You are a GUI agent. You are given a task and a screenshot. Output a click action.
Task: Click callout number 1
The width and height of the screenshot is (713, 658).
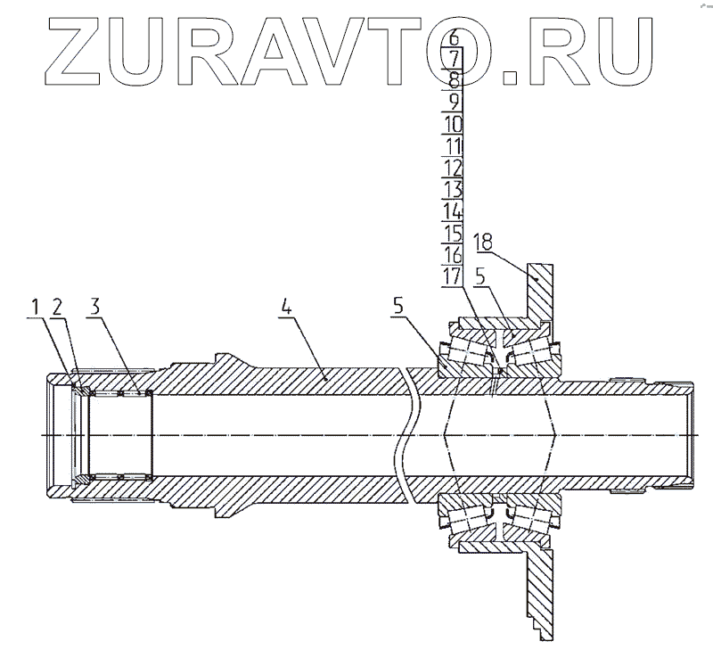(36, 308)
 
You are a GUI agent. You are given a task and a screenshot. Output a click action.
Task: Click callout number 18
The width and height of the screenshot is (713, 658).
(483, 243)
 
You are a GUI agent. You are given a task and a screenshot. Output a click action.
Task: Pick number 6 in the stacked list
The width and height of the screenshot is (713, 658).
(453, 38)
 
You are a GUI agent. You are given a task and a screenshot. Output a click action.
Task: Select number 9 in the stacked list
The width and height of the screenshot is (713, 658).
(453, 60)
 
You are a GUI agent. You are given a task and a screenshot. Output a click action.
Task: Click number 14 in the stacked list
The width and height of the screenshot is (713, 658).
(453, 102)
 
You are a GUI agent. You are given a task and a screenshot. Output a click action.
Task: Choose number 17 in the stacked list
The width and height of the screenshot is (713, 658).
(453, 124)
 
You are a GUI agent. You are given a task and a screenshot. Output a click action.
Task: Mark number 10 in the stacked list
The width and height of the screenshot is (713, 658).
(453, 145)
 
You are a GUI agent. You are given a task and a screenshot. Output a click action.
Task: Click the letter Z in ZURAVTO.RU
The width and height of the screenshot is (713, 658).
(453, 168)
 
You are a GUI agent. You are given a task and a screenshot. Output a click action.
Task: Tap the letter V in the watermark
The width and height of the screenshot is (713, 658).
(453, 189)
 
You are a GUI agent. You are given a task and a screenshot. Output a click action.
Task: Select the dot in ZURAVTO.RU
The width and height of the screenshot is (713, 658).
(453, 211)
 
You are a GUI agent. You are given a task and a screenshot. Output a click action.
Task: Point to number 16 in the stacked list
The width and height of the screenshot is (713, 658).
(453, 254)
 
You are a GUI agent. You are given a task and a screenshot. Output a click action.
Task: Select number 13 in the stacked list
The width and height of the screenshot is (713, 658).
(453, 189)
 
